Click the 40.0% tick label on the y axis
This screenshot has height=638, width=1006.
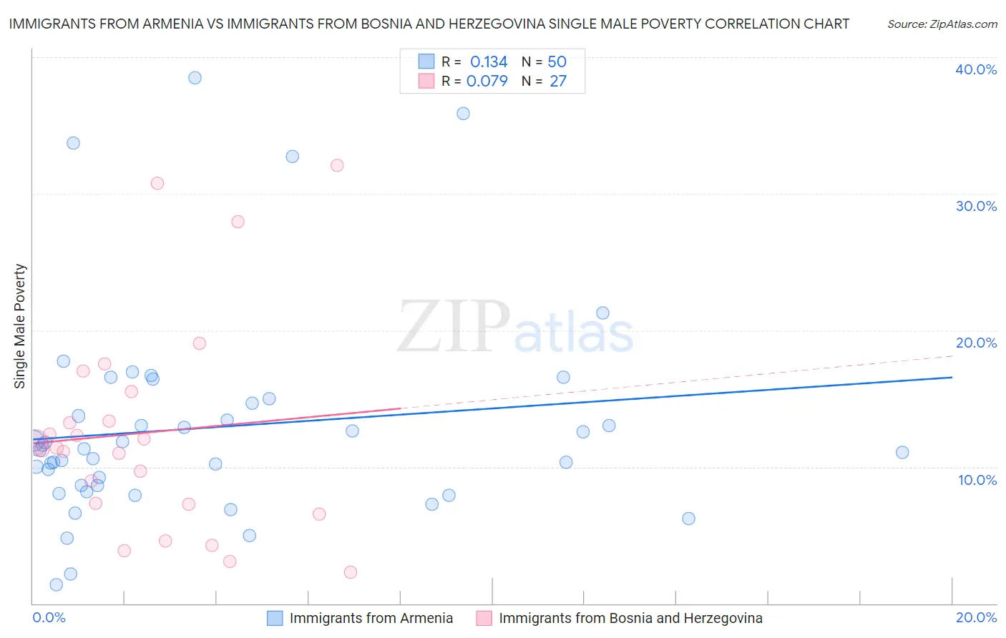point(976,69)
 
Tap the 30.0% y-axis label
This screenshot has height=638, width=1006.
point(976,206)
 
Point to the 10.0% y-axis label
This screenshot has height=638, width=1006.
point(976,480)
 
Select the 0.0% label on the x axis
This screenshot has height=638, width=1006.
point(49,617)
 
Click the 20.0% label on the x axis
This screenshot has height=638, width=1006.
point(976,617)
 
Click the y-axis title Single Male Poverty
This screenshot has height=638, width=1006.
point(20,326)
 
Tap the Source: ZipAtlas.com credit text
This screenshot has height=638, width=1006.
point(942,24)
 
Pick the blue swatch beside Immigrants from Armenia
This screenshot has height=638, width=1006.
point(275,618)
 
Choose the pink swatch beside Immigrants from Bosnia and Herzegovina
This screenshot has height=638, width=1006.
point(484,618)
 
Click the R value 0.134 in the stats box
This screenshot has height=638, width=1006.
point(488,62)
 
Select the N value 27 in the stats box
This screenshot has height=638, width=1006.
point(557,82)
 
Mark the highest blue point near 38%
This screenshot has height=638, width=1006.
point(195,78)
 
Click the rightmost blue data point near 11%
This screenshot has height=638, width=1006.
point(902,452)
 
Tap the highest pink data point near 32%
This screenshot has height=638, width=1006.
point(337,165)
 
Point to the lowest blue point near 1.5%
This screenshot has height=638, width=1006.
point(57,584)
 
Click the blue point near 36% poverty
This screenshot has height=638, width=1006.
point(463,114)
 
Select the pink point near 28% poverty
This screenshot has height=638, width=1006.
point(238,222)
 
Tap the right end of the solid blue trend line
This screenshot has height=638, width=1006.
point(952,377)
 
